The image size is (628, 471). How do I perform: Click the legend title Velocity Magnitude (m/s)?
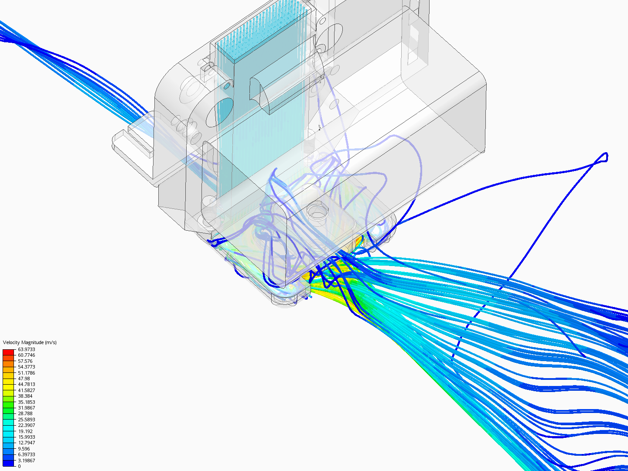pos(30,342)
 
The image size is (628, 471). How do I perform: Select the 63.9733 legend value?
pos(26,349)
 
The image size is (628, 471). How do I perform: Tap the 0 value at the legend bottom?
pos(19,466)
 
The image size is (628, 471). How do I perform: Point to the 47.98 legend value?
pos(24,379)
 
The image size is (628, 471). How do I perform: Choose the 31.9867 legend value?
pos(26,408)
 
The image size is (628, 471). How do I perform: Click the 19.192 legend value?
pos(25,431)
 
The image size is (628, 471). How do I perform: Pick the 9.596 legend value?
pos(24,449)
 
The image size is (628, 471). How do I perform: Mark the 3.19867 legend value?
pos(26,461)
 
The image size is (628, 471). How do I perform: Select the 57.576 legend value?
pos(25,361)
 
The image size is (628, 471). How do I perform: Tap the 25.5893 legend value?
pos(26,420)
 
